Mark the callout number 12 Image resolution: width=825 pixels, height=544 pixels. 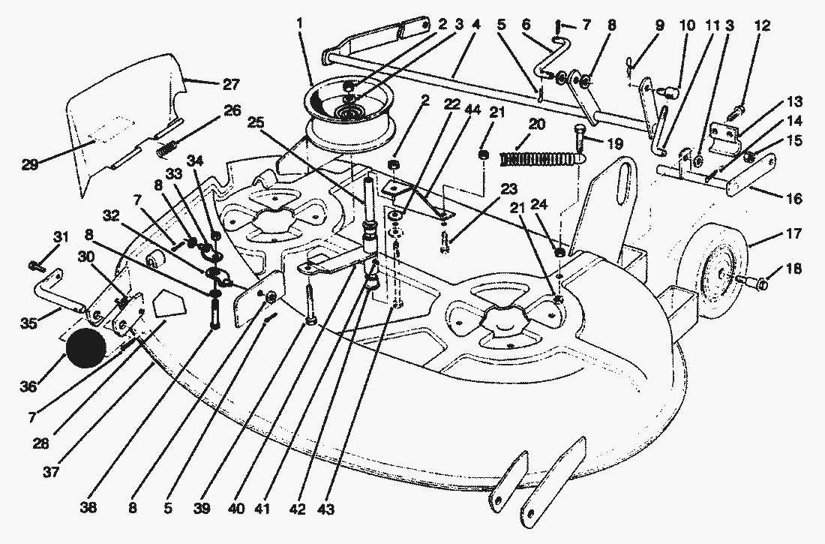click(762, 26)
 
